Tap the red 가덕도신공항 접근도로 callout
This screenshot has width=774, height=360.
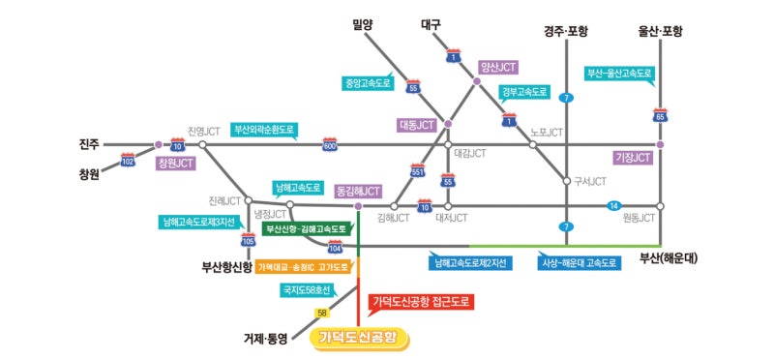[423, 302]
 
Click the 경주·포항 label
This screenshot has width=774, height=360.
[567, 32]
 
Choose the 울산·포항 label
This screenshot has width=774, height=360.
[660, 32]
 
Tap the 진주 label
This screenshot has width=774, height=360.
[90, 145]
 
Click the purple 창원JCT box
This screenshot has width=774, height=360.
[175, 164]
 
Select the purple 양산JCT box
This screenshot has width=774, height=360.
[497, 68]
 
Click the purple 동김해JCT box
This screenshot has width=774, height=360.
[356, 192]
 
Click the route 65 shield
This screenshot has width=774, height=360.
[661, 117]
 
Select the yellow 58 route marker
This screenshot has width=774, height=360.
[321, 313]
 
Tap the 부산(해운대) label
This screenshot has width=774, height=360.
[669, 259]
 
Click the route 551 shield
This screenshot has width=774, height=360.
[418, 172]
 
